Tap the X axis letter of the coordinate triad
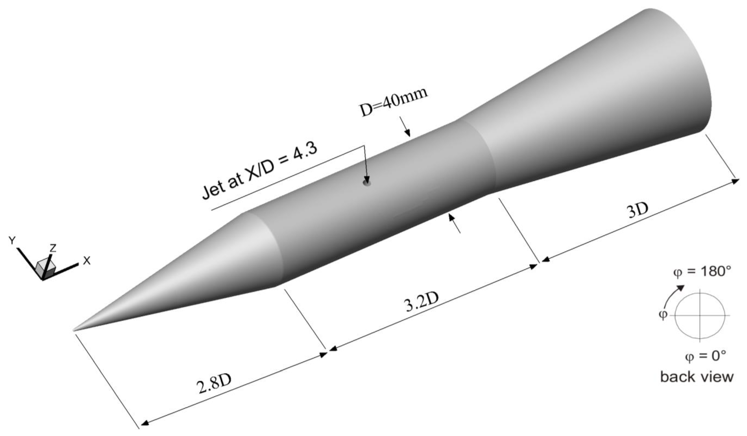coord(86,261)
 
